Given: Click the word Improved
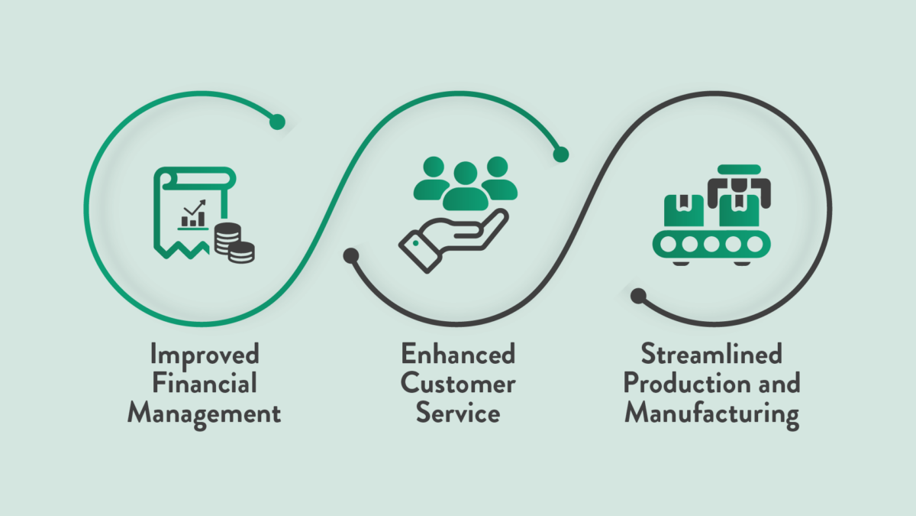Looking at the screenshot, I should (x=205, y=355).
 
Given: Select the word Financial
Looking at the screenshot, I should (x=204, y=384).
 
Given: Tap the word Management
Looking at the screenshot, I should (x=204, y=414).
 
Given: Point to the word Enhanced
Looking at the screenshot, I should (x=458, y=355).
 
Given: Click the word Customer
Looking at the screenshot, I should (x=458, y=384).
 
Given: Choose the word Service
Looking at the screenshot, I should (x=458, y=414).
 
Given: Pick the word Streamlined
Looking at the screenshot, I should (x=711, y=355).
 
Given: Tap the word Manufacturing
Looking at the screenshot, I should (x=711, y=414).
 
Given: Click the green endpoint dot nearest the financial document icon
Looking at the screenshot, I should (x=277, y=122).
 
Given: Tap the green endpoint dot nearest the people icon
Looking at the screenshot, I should (x=561, y=154).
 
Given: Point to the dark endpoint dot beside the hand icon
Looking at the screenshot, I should (x=351, y=256).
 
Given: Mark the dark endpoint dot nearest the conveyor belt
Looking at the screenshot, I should (x=638, y=294).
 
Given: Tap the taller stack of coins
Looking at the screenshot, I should (x=225, y=238).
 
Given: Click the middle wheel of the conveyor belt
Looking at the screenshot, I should (x=712, y=245).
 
